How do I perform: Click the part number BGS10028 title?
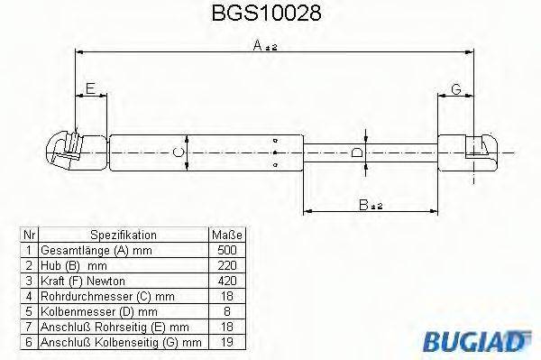tap(268, 14)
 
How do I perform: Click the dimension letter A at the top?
tap(258, 45)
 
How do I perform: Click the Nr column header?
tap(29, 234)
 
